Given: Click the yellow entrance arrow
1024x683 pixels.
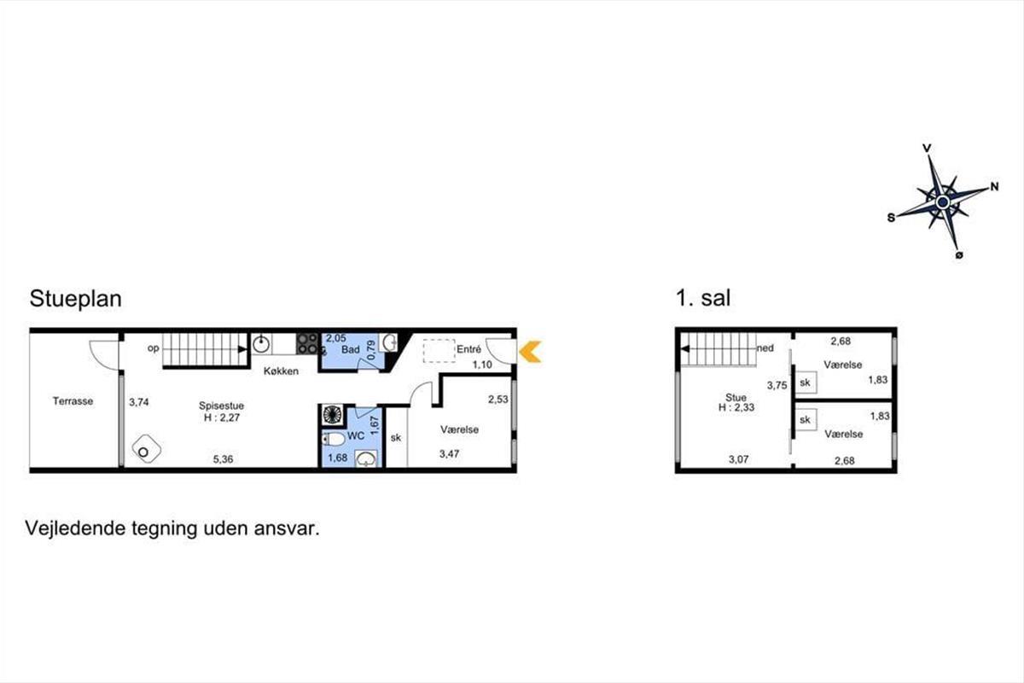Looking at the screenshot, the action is tap(529, 352).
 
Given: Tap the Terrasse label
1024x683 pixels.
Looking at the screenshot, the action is tap(73, 401).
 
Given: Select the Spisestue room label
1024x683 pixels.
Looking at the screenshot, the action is tap(221, 406).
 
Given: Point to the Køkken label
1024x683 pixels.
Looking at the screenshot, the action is tap(281, 371).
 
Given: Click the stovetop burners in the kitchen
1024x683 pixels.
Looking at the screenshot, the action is tap(307, 343).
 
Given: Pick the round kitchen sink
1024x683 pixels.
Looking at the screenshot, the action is tap(261, 344).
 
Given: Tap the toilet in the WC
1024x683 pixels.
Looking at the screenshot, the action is tap(334, 440).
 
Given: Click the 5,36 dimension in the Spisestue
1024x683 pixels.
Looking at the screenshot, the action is tap(223, 458).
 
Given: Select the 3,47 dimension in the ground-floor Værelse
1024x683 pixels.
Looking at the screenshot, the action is tap(449, 454).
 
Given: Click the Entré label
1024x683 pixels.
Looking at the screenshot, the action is tap(469, 349).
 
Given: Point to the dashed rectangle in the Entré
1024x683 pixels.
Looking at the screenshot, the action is tap(439, 351).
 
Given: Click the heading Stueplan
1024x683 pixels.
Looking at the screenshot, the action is tap(75, 299).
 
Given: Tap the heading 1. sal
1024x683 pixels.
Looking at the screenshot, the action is tap(703, 298).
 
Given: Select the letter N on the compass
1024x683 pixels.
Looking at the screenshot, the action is tap(995, 187).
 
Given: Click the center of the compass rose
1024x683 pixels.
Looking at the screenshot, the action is tap(942, 201).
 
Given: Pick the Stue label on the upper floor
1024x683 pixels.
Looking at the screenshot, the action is tap(736, 398).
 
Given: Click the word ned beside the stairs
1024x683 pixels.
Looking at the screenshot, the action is tap(765, 348).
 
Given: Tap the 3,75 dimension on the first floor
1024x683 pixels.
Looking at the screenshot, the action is tap(777, 385).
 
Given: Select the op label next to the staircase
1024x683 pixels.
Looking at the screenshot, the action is tap(153, 348).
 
